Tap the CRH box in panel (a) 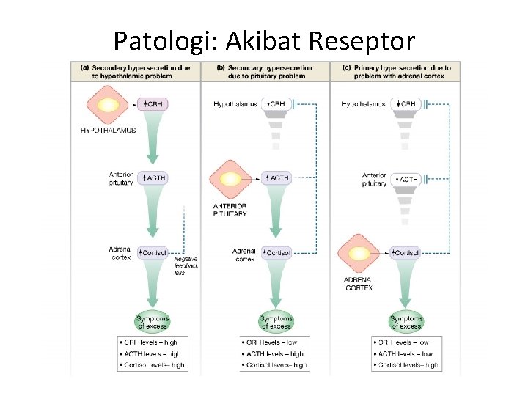(153, 104)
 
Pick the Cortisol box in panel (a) (153, 252)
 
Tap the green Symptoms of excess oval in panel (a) (153, 321)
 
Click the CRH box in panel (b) (276, 104)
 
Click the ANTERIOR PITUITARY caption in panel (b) (230, 210)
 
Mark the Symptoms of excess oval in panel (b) (276, 321)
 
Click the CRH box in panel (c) (406, 104)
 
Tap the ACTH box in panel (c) (406, 178)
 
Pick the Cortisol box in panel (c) (406, 252)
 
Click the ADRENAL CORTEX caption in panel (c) (359, 284)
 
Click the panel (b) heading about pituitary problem (265, 71)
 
